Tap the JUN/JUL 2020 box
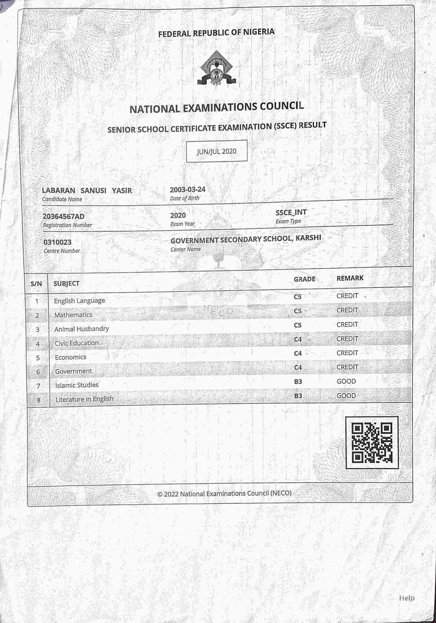click(217, 151)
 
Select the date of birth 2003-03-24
click(187, 189)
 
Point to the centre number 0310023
click(57, 242)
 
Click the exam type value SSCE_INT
click(291, 213)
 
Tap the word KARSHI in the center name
click(308, 238)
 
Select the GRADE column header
click(304, 279)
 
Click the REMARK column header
click(350, 278)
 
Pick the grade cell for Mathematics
click(298, 311)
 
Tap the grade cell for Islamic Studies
click(298, 382)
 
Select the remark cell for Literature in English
click(346, 396)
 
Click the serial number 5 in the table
click(38, 358)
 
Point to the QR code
click(372, 443)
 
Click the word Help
click(406, 598)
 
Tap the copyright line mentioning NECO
click(224, 493)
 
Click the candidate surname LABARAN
click(58, 190)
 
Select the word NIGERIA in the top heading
click(259, 32)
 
